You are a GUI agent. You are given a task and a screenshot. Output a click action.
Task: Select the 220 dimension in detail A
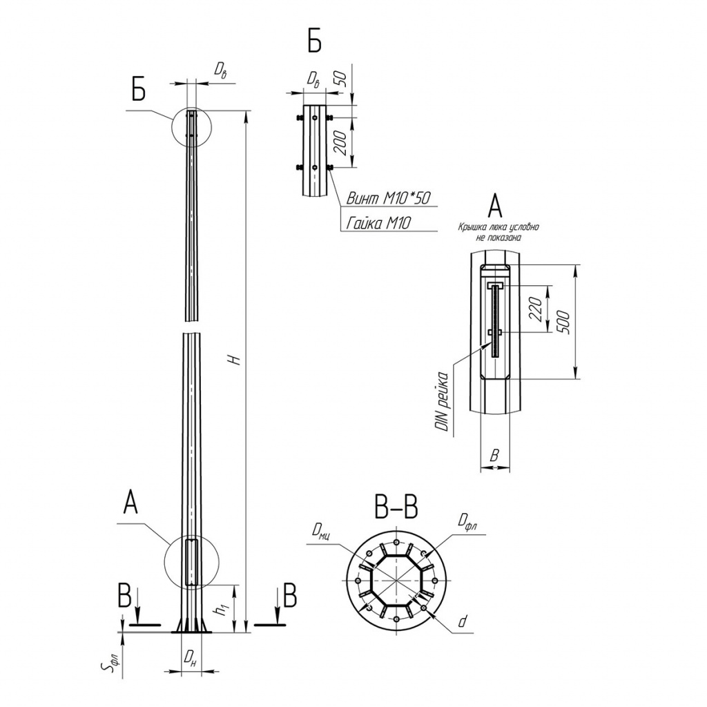(536, 309)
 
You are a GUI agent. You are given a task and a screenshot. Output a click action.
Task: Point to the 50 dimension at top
(342, 79)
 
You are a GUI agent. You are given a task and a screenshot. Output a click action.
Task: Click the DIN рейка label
(444, 401)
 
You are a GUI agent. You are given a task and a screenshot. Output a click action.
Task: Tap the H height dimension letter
(233, 359)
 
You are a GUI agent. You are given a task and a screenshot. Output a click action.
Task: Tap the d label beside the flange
(462, 622)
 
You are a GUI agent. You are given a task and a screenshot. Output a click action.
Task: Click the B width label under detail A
(494, 455)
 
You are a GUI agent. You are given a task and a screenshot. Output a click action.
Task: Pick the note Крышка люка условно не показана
(498, 232)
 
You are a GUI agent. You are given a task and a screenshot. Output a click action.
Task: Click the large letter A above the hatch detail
(494, 206)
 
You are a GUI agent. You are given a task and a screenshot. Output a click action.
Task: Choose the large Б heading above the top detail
(315, 42)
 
